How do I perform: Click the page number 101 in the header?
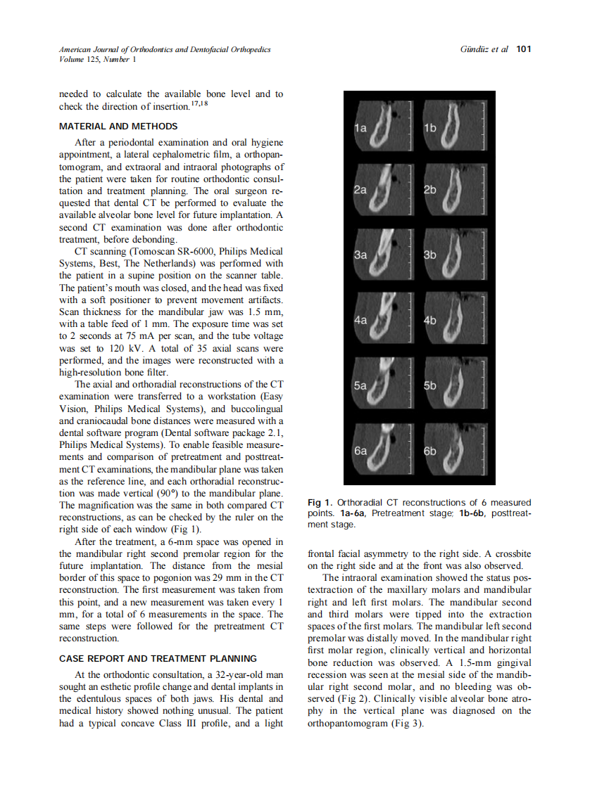click(x=523, y=49)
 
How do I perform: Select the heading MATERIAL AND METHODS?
click(x=118, y=127)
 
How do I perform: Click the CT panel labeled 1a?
click(x=380, y=127)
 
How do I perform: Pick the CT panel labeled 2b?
click(x=450, y=191)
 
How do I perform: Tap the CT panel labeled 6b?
click(x=450, y=449)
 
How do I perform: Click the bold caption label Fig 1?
click(x=320, y=503)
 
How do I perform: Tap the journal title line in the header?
click(x=165, y=49)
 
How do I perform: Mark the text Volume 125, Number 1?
click(x=98, y=59)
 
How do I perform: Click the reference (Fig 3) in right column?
click(x=407, y=723)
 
